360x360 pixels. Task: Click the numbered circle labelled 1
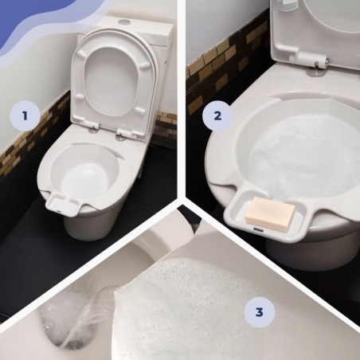point(25,115)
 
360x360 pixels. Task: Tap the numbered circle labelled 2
point(217,115)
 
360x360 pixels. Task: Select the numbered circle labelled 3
point(260,311)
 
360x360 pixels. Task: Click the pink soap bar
point(270,213)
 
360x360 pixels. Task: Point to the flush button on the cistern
point(123,21)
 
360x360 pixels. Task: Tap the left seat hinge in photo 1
point(94,125)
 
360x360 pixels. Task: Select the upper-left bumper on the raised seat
point(80,54)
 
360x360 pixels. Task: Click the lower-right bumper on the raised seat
point(139,110)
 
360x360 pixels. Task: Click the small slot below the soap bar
point(257,229)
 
